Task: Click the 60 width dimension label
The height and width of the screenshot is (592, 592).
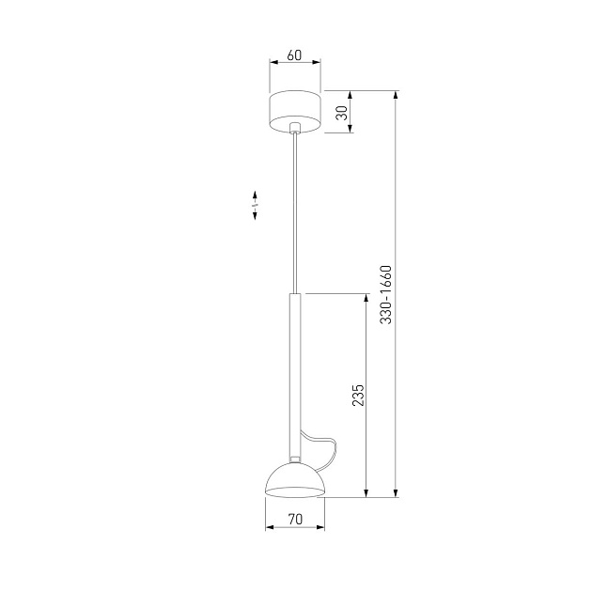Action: (x=294, y=55)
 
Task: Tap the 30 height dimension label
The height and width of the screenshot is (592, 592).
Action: (x=343, y=112)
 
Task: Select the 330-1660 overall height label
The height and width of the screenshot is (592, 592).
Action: (x=386, y=294)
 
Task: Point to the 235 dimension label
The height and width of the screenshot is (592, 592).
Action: (x=358, y=396)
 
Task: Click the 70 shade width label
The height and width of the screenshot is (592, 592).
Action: (x=294, y=518)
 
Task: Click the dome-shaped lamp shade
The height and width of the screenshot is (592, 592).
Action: (x=294, y=480)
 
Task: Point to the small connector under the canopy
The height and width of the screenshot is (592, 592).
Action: (x=296, y=127)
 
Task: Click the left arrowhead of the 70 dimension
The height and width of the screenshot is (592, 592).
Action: (x=270, y=526)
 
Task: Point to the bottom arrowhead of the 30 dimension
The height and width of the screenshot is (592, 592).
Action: (x=351, y=128)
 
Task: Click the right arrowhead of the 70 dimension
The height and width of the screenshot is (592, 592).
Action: (x=320, y=526)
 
